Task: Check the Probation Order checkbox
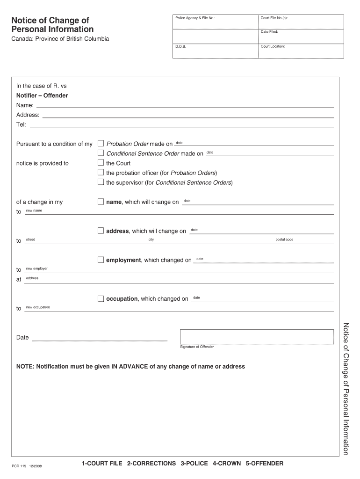click(101, 143)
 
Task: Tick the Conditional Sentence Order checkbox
click(101, 153)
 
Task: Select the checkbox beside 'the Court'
click(101, 163)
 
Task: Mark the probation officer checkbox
click(101, 173)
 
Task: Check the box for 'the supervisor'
click(101, 182)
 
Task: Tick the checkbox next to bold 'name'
click(101, 202)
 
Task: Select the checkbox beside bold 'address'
click(101, 231)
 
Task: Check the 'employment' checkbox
click(101, 260)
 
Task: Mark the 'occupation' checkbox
click(101, 298)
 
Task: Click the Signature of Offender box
click(257, 336)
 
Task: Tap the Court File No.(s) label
click(274, 18)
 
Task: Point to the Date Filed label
click(269, 32)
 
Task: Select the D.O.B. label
click(181, 47)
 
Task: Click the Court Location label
click(273, 47)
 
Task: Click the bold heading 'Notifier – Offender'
click(42, 95)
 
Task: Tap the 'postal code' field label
click(284, 239)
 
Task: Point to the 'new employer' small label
click(36, 269)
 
